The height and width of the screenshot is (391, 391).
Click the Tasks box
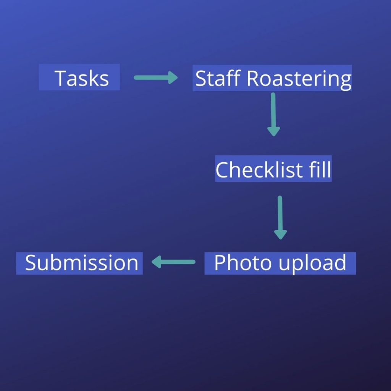79,78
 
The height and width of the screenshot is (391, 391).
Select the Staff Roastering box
272,78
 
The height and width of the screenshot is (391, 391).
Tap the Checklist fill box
273,169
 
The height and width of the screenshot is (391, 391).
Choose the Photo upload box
280,263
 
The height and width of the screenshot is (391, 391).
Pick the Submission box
79,263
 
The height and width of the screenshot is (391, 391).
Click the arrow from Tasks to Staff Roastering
155,78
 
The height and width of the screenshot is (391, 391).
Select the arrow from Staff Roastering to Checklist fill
273,114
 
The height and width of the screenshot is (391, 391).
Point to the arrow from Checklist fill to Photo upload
280,217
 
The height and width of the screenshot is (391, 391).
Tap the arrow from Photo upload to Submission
174,262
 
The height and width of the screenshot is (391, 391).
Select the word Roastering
299,78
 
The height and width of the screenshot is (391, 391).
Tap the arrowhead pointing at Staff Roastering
173,78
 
